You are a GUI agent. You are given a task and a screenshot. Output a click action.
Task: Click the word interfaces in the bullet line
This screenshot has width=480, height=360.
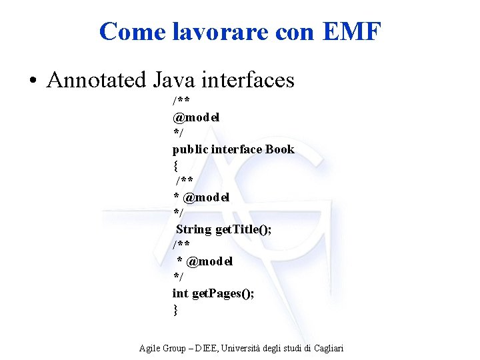[x=250, y=80]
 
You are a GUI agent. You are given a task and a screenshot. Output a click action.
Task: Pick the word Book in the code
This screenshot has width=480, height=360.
[x=279, y=149]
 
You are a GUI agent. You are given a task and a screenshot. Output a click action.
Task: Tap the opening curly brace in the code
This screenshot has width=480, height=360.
[x=175, y=165]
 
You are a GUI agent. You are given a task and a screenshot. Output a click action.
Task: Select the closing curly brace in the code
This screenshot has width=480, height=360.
[x=175, y=309]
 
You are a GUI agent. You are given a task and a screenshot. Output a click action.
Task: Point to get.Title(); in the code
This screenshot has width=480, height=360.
[x=243, y=229]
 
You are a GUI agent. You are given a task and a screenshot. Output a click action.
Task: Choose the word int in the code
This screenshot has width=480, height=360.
[x=180, y=293]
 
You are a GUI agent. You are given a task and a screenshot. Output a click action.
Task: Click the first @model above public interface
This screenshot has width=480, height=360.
[x=197, y=117]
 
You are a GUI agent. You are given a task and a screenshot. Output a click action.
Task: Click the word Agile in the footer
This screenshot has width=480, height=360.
[x=150, y=349]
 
